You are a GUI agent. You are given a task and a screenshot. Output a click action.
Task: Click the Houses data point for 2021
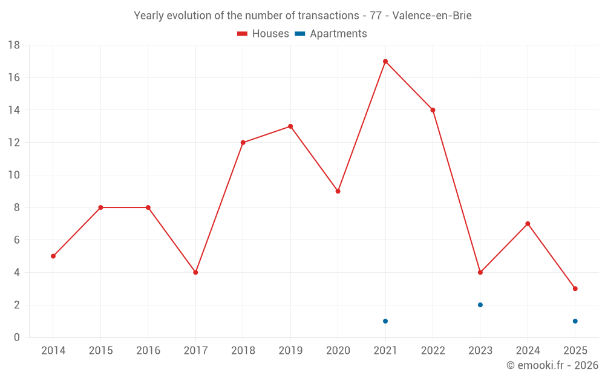pyautogui.click(x=385, y=61)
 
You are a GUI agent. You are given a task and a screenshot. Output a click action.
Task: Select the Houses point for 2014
pyautogui.click(x=53, y=256)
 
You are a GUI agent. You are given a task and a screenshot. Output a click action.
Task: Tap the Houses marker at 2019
pyautogui.click(x=290, y=126)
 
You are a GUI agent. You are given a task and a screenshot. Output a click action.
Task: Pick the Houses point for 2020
pyautogui.click(x=338, y=191)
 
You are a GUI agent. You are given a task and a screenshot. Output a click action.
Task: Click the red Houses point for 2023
pyautogui.click(x=480, y=272)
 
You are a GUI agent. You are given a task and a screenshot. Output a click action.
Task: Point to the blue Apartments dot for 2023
pyautogui.click(x=480, y=305)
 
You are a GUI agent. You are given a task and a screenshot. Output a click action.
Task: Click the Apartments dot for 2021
pyautogui.click(x=385, y=321)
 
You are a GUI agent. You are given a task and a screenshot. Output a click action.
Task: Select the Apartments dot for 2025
pyautogui.click(x=575, y=321)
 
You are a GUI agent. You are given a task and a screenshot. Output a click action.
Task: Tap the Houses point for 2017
pyautogui.click(x=195, y=272)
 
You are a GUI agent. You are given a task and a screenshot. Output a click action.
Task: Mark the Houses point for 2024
pyautogui.click(x=528, y=224)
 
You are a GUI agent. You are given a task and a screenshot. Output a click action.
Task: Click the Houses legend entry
pyautogui.click(x=263, y=34)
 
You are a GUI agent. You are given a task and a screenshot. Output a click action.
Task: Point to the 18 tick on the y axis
pyautogui.click(x=14, y=45)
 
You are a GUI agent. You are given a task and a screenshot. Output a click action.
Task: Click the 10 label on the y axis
pyautogui.click(x=14, y=175)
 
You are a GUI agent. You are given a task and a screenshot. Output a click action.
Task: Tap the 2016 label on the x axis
pyautogui.click(x=148, y=351)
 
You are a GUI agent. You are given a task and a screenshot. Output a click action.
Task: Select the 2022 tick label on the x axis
pyautogui.click(x=433, y=351)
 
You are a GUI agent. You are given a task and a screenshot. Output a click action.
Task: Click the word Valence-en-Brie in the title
pyautogui.click(x=432, y=16)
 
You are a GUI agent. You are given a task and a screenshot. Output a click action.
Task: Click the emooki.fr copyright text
pyautogui.click(x=552, y=365)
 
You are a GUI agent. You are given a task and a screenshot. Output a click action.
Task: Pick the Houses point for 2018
pyautogui.click(x=243, y=143)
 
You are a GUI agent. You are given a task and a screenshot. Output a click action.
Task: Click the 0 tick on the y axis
pyautogui.click(x=17, y=337)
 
